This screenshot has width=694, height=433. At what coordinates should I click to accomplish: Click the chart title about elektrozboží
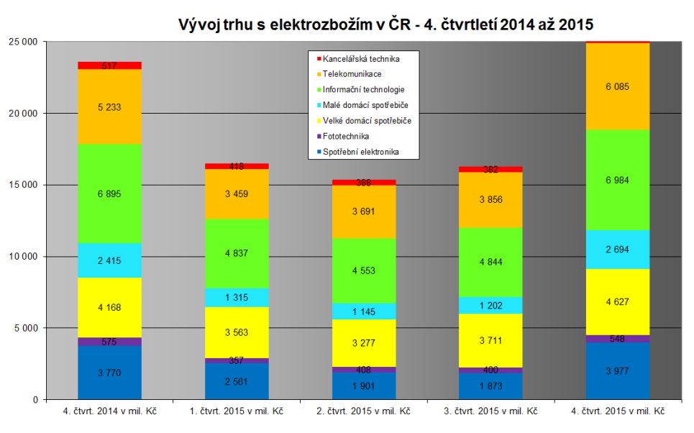tap(385, 24)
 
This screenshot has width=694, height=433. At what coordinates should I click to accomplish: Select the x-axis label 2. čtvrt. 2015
tap(364, 411)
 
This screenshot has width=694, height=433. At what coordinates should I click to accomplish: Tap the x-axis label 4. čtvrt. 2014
tap(110, 411)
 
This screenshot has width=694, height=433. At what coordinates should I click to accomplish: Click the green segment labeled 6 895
tap(110, 193)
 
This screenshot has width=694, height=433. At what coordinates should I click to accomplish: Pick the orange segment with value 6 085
tap(618, 86)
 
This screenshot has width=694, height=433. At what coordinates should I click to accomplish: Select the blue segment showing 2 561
tap(237, 379)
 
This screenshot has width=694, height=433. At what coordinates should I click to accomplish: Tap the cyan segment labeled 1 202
tap(490, 305)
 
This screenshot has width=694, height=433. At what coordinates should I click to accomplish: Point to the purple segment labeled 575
tap(110, 342)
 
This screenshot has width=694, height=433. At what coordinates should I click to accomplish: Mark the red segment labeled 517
tap(110, 65)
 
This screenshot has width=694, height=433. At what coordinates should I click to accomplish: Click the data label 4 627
tap(618, 302)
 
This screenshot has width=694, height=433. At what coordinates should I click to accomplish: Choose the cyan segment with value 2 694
tap(618, 250)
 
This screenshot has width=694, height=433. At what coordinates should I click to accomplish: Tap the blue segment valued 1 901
tap(364, 386)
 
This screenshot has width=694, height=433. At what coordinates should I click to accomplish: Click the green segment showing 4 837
tap(237, 253)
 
